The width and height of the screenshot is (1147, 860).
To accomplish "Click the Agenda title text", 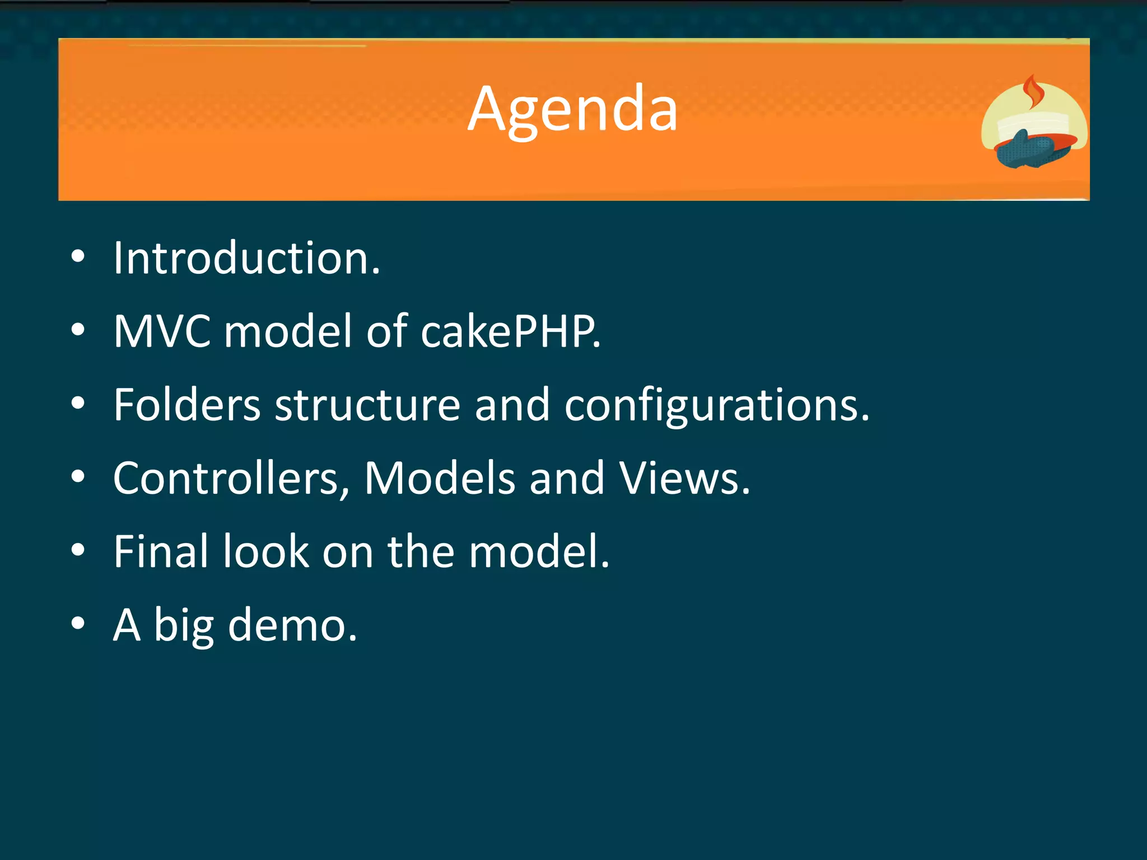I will click(x=572, y=110).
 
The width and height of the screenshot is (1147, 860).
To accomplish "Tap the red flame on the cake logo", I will click(x=1032, y=93).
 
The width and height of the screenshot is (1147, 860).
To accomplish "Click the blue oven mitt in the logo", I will click(x=1024, y=149).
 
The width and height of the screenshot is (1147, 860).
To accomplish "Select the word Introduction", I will click(x=246, y=258).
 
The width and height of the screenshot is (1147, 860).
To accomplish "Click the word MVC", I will click(x=162, y=331).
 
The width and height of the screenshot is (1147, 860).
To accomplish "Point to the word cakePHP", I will click(x=510, y=331).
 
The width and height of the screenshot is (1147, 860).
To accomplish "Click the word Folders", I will click(x=187, y=405).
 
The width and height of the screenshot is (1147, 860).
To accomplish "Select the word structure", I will click(x=367, y=405).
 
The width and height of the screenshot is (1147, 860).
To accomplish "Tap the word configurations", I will click(x=716, y=405).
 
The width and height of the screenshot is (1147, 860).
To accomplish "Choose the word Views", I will click(x=684, y=478).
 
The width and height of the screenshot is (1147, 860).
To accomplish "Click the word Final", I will click(x=161, y=551).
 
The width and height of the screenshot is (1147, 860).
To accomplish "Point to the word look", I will click(x=266, y=551).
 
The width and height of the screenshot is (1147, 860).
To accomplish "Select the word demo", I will click(x=292, y=625).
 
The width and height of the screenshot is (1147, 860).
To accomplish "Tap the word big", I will click(x=184, y=626).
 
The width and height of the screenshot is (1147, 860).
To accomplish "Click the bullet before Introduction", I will click(x=78, y=258).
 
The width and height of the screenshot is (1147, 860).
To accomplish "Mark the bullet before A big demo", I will click(x=78, y=623).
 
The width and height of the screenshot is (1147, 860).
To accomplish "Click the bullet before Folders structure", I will click(x=78, y=404).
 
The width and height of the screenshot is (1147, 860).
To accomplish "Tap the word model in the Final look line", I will click(x=538, y=551).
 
